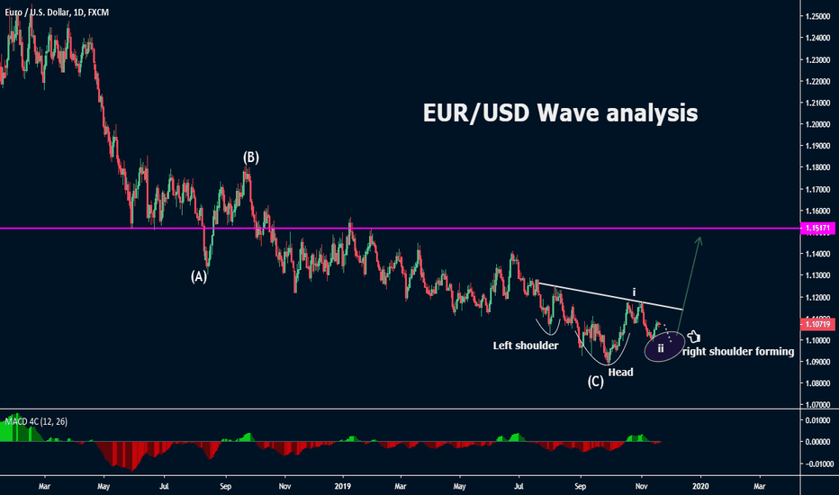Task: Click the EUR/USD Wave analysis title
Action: click(560, 114)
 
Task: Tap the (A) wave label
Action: click(199, 277)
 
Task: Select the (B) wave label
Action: click(251, 157)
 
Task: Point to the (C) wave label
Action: click(596, 381)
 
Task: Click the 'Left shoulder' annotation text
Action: click(526, 346)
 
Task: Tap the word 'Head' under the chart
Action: click(620, 372)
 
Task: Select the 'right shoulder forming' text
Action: click(738, 352)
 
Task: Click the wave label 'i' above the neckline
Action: click(634, 292)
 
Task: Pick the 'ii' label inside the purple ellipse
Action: click(661, 347)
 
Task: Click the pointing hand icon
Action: click(693, 337)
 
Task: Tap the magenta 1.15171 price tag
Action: click(818, 229)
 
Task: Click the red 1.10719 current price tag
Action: click(818, 322)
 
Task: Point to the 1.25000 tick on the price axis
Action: click(818, 17)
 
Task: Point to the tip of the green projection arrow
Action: click(699, 236)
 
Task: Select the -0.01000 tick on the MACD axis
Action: click(817, 463)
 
